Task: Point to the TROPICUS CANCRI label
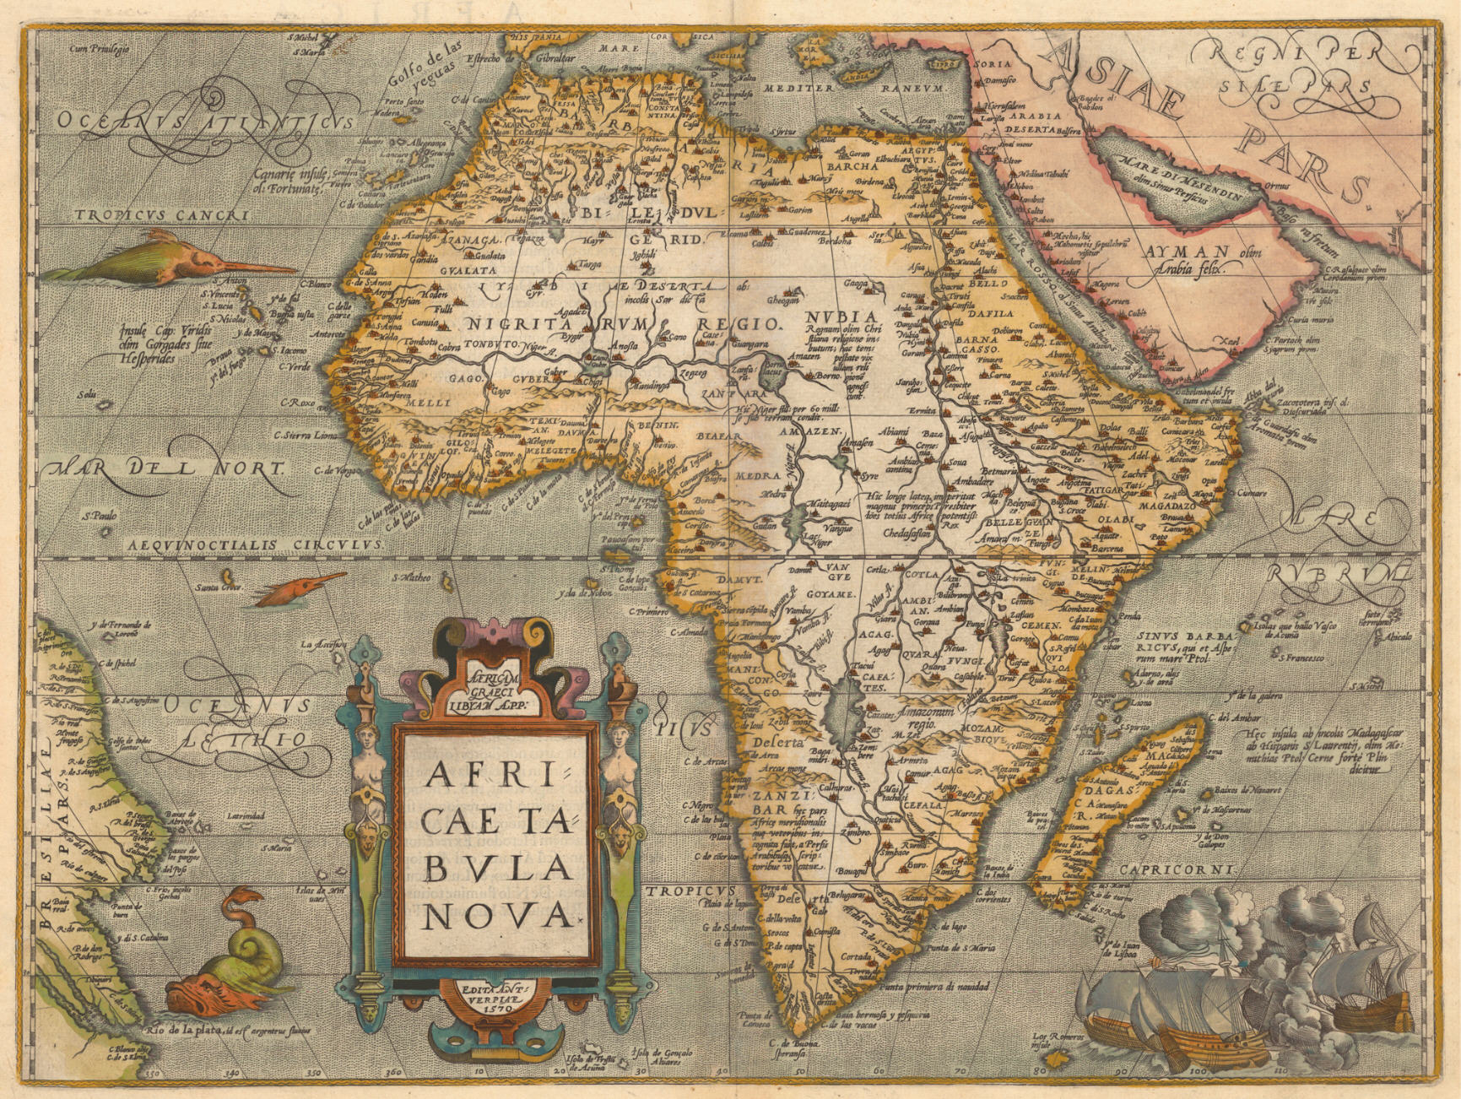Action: point(163,216)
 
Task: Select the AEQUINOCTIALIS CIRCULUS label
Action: point(256,545)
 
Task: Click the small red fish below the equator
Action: point(300,587)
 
